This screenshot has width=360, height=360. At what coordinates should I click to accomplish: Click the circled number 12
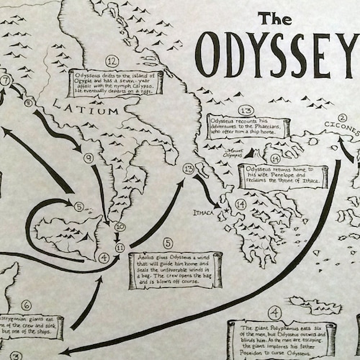point(112,60)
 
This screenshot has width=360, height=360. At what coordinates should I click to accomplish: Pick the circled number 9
point(89,158)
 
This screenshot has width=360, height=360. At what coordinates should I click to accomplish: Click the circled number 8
point(30,103)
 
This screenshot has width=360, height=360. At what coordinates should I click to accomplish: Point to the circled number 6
point(26,305)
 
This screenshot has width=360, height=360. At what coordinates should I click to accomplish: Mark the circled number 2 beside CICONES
point(342,117)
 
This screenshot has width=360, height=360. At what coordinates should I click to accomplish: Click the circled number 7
point(6,81)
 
